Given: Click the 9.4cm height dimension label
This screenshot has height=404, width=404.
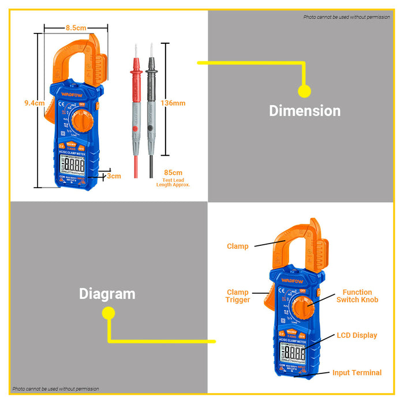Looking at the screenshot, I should pos(34,103).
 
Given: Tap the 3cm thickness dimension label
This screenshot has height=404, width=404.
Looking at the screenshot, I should pos(114,175).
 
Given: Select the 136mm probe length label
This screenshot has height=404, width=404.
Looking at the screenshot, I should pos(173,103).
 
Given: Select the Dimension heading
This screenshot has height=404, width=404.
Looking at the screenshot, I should pos(305,111).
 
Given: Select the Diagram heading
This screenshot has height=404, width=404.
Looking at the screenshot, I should pos(107,294).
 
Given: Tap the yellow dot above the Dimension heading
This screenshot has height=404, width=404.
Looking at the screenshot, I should pos(304,91).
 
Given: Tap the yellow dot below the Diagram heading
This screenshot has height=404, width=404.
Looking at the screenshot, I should pos(108,313).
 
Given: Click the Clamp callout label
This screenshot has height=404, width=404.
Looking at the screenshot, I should pos(238,246).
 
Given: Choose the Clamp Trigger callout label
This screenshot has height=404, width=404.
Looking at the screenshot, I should pos(238,296).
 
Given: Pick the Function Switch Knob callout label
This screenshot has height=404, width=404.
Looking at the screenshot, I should pos(357,296).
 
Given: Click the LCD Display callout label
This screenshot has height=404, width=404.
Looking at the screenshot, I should pos(357,335).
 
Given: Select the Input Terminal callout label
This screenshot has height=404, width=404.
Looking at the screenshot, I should pos(357,373).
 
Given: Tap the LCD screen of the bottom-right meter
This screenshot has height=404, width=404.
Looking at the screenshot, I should pos(293,353).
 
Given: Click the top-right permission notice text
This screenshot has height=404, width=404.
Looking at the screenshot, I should pos(346,17).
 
